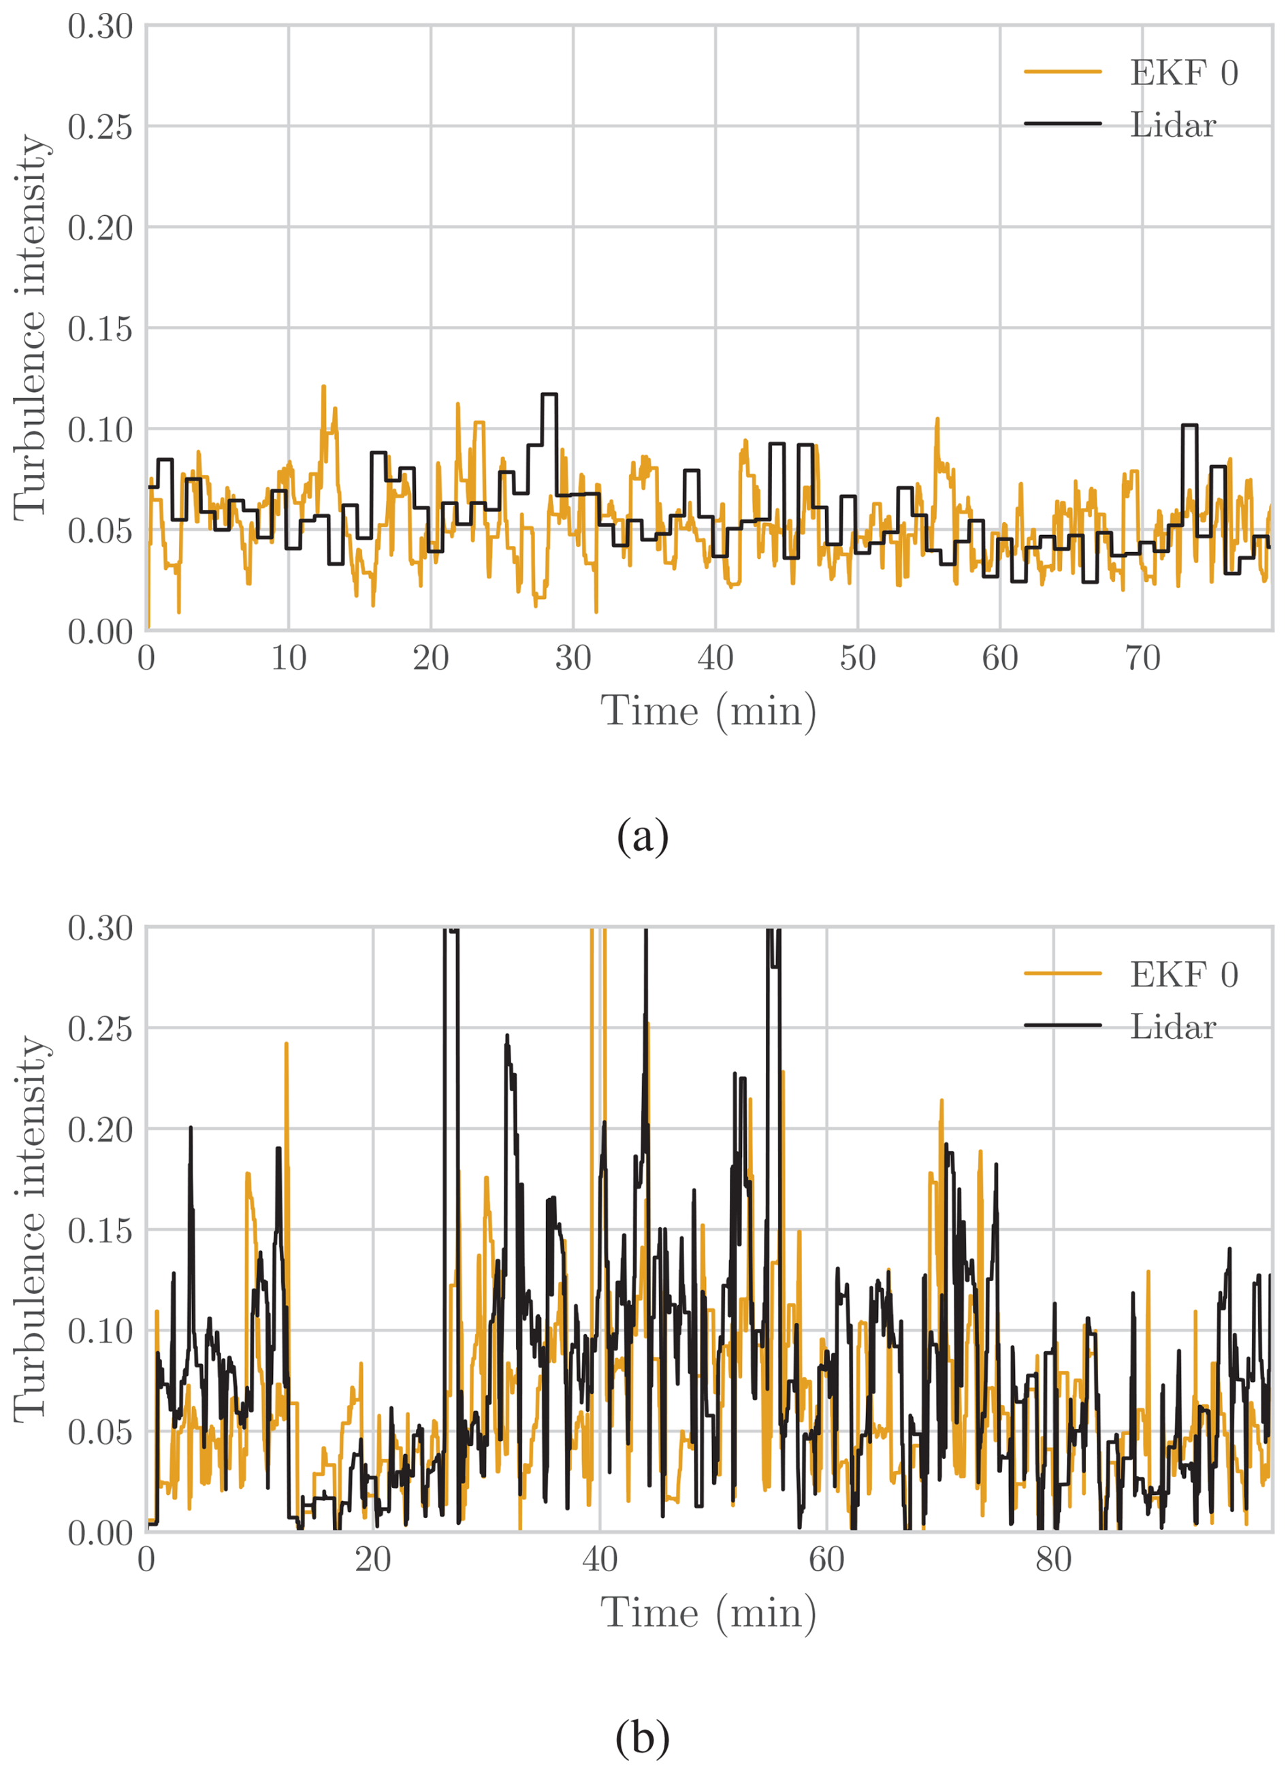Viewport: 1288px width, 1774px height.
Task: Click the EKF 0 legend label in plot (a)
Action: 1183,73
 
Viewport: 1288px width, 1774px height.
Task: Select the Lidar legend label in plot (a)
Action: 1172,125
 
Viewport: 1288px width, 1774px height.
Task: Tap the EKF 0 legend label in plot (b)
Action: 1183,975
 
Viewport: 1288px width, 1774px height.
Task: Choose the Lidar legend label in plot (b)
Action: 1172,1027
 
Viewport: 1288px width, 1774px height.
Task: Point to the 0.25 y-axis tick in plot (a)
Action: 100,127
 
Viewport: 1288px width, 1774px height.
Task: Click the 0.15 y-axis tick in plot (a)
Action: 100,329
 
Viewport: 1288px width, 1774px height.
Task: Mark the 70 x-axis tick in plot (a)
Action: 1142,658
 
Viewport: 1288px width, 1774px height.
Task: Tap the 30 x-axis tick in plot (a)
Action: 573,658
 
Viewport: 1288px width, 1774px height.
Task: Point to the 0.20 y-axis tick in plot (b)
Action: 100,1129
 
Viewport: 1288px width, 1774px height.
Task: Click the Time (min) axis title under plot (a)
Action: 709,712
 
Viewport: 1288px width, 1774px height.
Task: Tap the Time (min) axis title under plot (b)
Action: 709,1613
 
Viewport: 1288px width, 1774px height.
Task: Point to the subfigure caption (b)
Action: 643,1737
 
